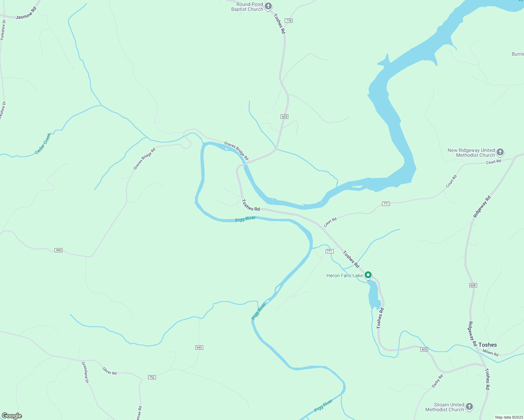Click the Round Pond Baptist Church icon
[x=268, y=6]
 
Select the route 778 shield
[x=288, y=21]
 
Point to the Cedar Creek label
[x=43, y=143]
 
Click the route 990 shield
[x=58, y=250]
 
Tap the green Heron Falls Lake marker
[x=368, y=275]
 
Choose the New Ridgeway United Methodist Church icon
[x=500, y=152]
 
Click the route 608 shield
[x=473, y=285]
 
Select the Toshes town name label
[x=488, y=345]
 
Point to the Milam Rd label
[x=490, y=353]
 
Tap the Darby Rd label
[x=437, y=381]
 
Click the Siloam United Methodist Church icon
[x=469, y=407]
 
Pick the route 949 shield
[x=199, y=348]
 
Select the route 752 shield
[x=152, y=377]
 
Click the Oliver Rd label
[x=110, y=371]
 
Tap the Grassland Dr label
[x=85, y=372]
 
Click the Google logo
[x=12, y=416]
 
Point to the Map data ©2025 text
[x=509, y=417]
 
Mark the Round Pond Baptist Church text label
[x=247, y=7]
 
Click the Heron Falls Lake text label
[x=345, y=275]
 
